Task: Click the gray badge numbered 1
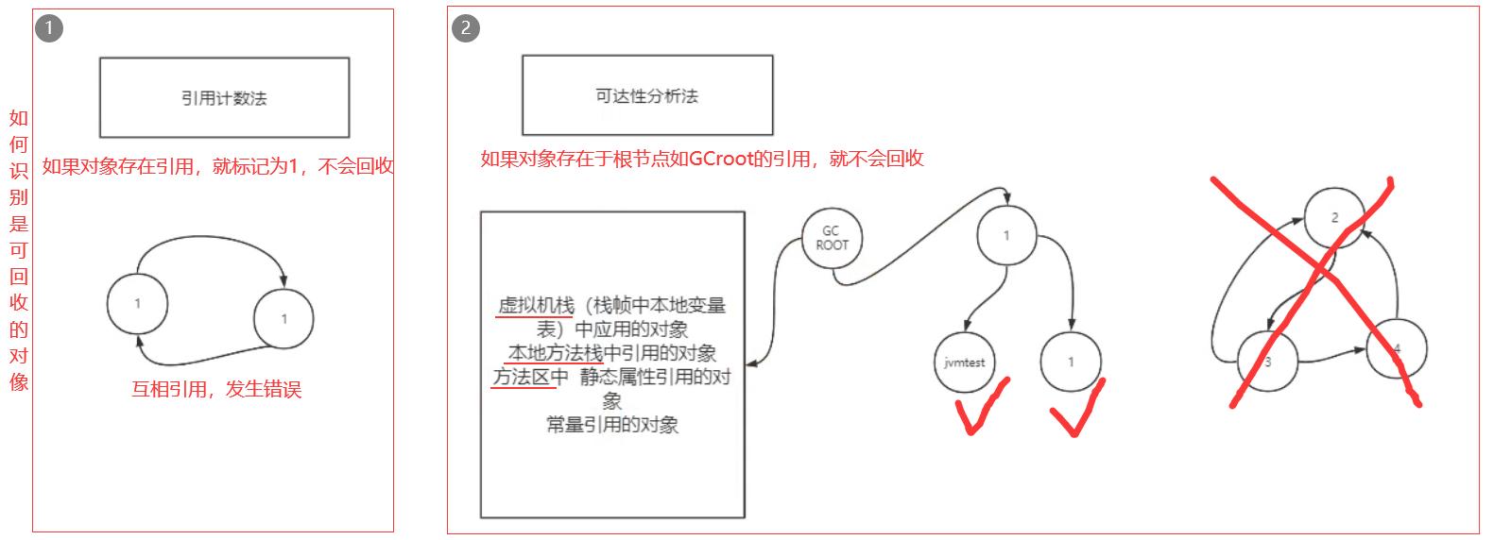(x=49, y=28)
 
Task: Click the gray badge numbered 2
(x=465, y=28)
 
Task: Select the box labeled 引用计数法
(x=224, y=97)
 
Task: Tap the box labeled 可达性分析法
(x=647, y=95)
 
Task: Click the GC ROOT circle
(x=832, y=238)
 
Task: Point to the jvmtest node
(x=964, y=363)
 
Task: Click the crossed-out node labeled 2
(x=1334, y=217)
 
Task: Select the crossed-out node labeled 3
(x=1267, y=362)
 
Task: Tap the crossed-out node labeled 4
(x=1397, y=348)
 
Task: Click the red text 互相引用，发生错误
(x=216, y=389)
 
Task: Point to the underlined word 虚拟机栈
(x=536, y=305)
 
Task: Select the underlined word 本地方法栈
(x=556, y=353)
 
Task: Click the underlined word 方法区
(x=521, y=377)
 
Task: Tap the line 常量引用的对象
(x=612, y=425)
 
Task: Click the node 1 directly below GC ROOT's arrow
(x=1006, y=235)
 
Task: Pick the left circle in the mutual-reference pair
(x=138, y=304)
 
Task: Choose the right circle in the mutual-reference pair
(x=283, y=319)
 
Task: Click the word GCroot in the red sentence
(x=721, y=159)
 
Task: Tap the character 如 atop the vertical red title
(x=19, y=118)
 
